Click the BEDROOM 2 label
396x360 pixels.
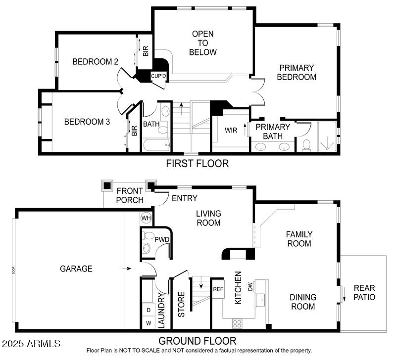click(x=95, y=62)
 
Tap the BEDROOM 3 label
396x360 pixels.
click(x=87, y=121)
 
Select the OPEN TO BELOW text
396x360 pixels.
click(x=203, y=43)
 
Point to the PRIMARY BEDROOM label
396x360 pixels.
click(x=296, y=72)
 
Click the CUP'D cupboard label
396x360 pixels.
click(x=158, y=76)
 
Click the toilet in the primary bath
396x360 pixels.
click(x=306, y=145)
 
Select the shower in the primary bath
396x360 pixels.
click(x=326, y=137)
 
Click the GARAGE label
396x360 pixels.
click(x=76, y=269)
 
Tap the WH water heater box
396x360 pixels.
click(x=147, y=218)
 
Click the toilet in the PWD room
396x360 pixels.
click(x=147, y=248)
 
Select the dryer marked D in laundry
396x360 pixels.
click(x=148, y=310)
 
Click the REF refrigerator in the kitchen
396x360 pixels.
click(x=218, y=289)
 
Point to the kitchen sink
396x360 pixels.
click(x=260, y=299)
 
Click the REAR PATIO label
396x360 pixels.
click(x=364, y=293)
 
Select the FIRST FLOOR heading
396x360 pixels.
click(x=198, y=163)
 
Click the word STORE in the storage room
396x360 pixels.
click(x=181, y=305)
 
